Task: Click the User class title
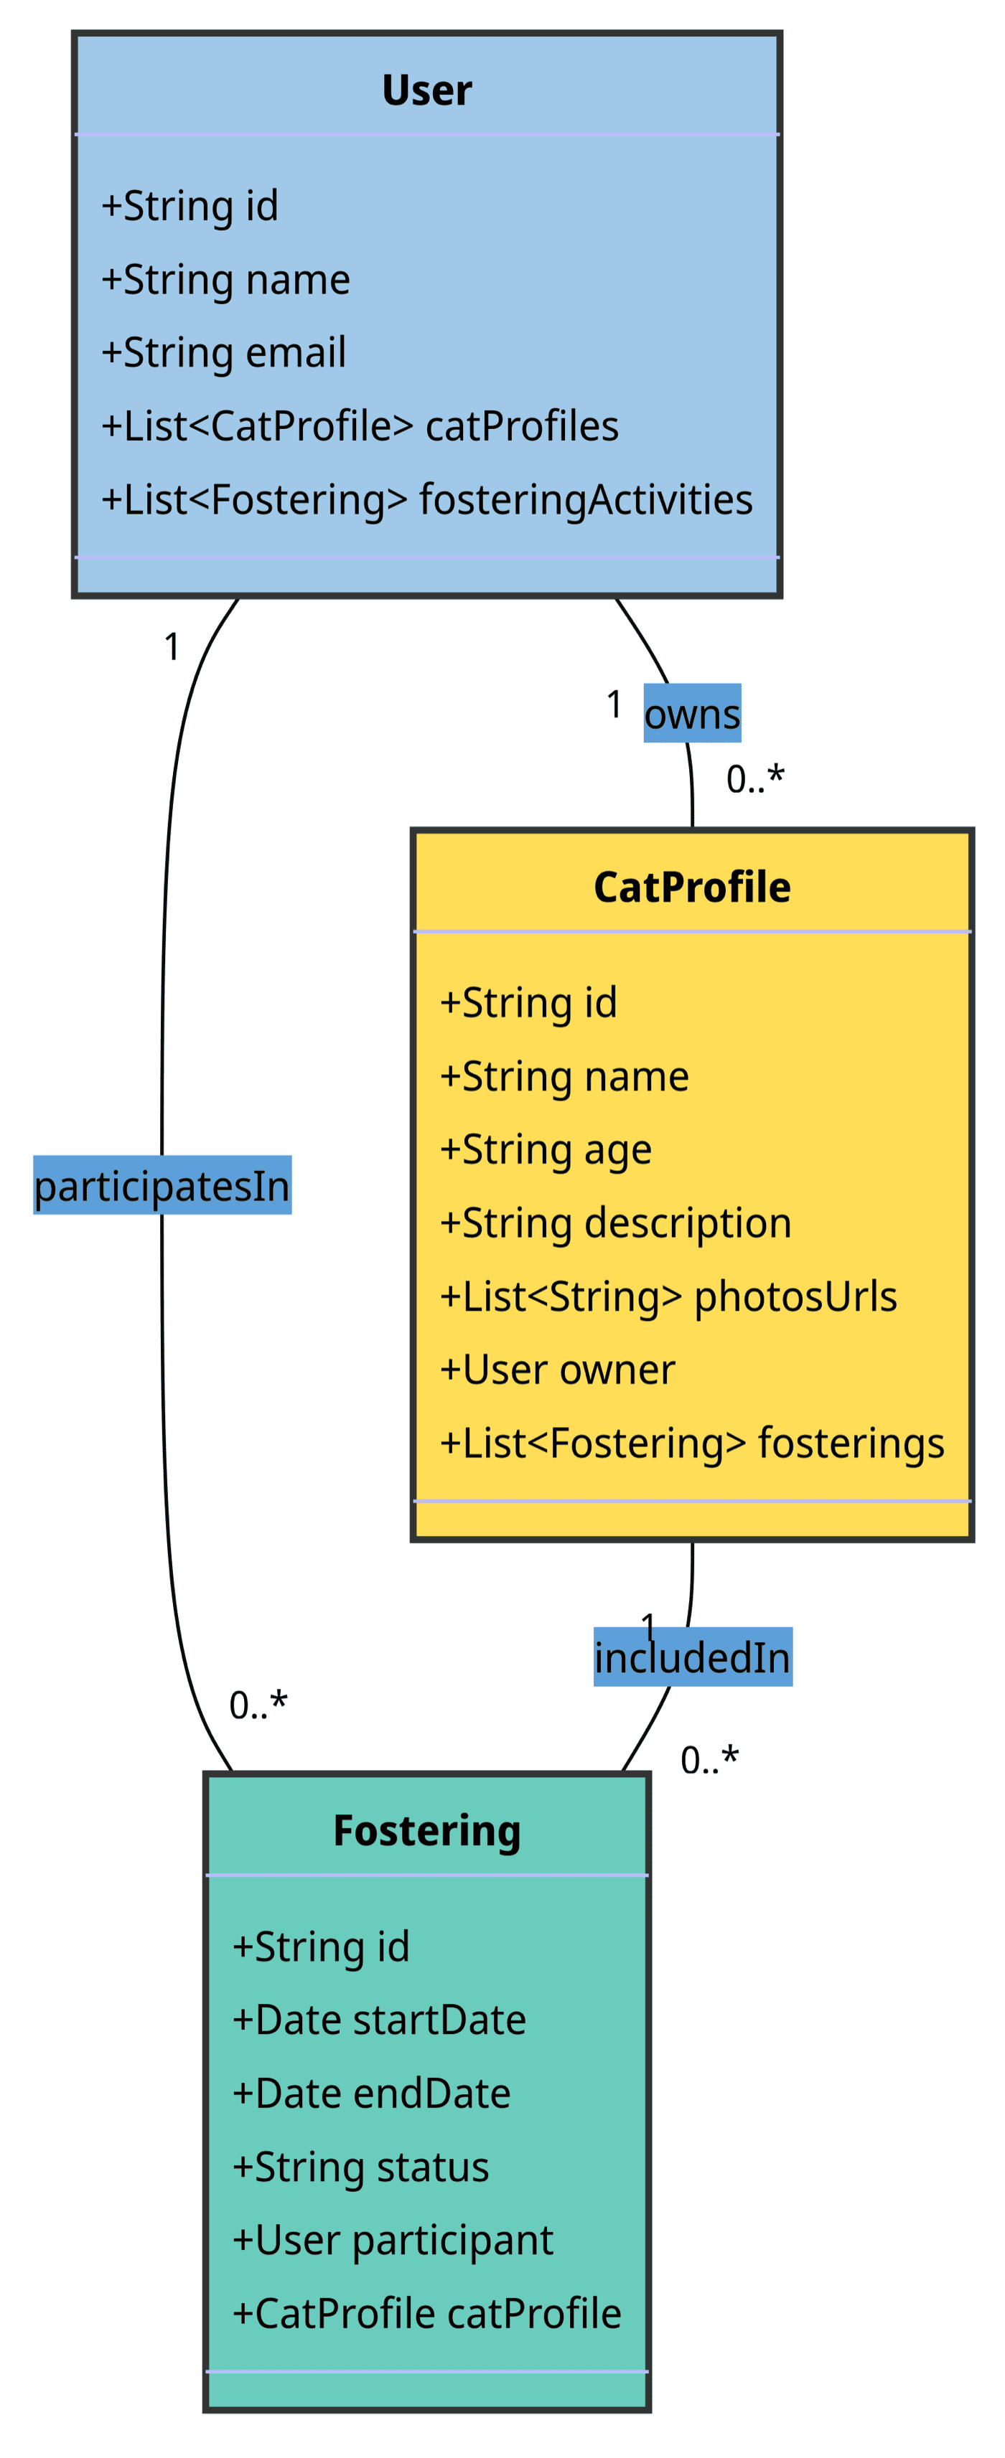coord(426,90)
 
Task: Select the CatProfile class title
coord(691,887)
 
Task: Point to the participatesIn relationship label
coord(162,1185)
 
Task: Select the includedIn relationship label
coord(691,1657)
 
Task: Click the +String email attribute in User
coord(223,352)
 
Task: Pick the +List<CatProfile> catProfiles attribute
coord(360,425)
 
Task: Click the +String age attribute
coord(545,1149)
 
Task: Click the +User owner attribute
coord(556,1370)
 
